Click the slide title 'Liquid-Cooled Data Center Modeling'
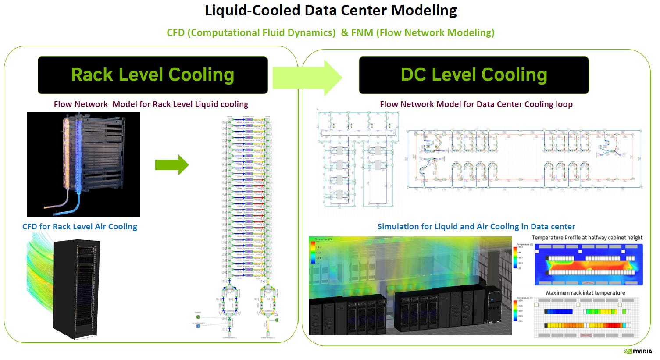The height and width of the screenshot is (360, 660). click(331, 11)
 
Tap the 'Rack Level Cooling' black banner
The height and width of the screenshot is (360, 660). click(153, 75)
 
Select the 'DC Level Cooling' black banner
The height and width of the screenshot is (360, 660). click(474, 75)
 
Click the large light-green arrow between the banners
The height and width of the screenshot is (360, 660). click(307, 78)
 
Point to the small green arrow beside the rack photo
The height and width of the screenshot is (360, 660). click(172, 165)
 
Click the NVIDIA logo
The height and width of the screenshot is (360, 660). click(638, 351)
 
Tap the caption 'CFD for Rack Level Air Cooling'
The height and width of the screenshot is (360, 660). click(79, 227)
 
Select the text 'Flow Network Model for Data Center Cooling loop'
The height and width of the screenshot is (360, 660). click(476, 104)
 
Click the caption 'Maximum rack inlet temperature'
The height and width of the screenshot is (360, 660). click(585, 293)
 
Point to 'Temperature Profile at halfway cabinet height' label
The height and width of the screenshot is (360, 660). click(587, 238)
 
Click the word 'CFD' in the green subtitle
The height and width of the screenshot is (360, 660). click(176, 33)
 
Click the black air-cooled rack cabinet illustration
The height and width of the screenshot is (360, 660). click(77, 289)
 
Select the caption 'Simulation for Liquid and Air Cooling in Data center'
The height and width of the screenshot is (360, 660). click(476, 227)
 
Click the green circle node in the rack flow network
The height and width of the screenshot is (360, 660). click(198, 317)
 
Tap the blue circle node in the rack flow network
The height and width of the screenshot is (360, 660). click(198, 326)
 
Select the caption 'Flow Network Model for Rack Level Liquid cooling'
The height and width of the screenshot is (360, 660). click(151, 104)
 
